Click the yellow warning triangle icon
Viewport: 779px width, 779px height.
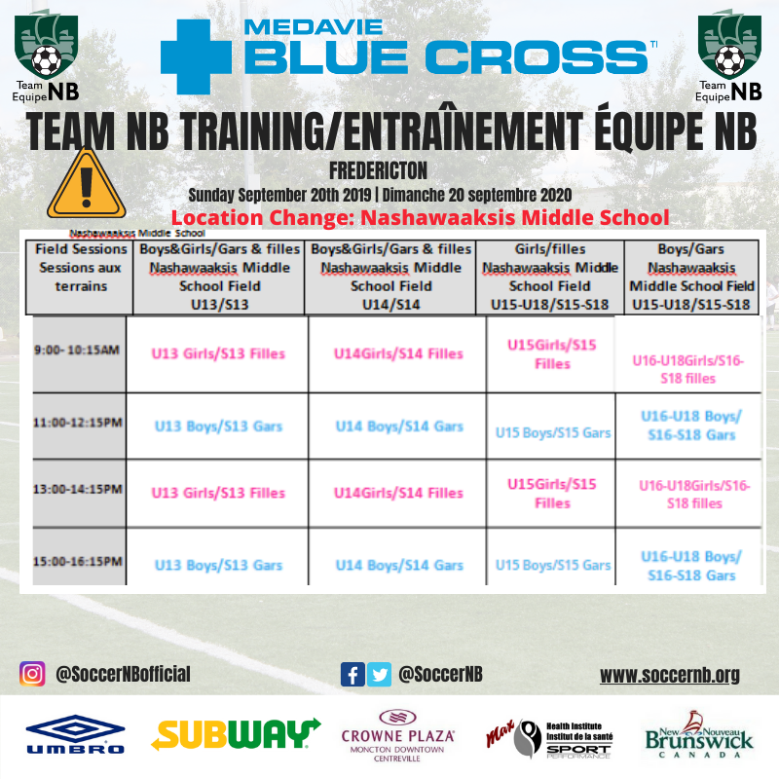point(86,185)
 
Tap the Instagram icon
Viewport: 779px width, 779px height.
point(32,674)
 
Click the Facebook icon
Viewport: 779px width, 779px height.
point(352,674)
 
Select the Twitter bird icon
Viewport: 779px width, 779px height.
point(379,674)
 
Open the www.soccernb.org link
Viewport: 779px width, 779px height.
point(670,675)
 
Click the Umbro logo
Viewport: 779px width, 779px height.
point(75,734)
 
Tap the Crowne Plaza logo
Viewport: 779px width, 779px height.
point(397,736)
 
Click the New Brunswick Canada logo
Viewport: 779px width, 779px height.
point(699,735)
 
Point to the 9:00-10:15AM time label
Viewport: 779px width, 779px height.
point(77,350)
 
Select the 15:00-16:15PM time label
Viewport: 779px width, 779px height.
point(78,562)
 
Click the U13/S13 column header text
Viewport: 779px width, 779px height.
point(220,304)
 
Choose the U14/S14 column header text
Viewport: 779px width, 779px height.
point(391,304)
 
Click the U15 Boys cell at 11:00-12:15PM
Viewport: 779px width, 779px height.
point(553,432)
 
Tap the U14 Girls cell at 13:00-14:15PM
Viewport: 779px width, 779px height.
point(398,493)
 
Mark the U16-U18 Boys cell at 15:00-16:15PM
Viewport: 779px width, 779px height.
point(691,566)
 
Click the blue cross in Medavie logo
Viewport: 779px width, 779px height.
point(197,56)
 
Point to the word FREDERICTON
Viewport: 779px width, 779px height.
point(378,170)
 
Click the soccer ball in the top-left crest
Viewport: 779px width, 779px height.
point(46,60)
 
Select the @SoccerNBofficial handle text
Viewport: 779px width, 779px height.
point(123,674)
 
